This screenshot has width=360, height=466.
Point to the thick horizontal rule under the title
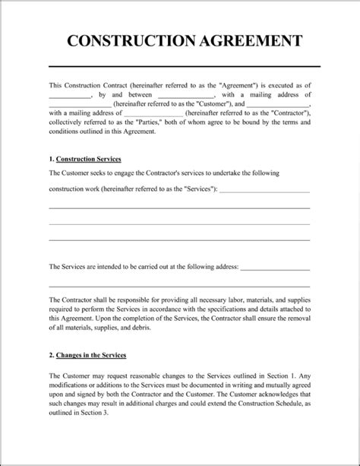tap(179, 65)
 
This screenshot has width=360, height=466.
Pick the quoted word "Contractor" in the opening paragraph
tap(285, 113)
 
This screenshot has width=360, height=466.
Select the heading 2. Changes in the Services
tap(87, 355)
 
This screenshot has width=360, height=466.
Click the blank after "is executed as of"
tap(69, 94)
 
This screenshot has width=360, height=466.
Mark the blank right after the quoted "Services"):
tap(264, 188)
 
